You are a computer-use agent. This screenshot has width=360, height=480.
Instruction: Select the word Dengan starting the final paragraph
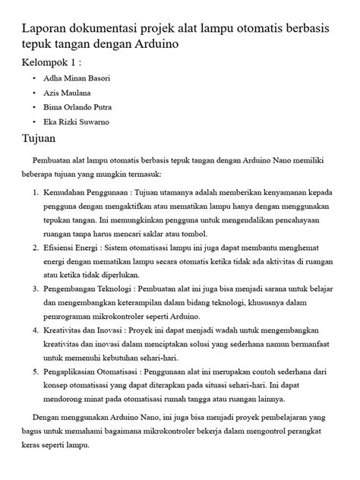point(48,418)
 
